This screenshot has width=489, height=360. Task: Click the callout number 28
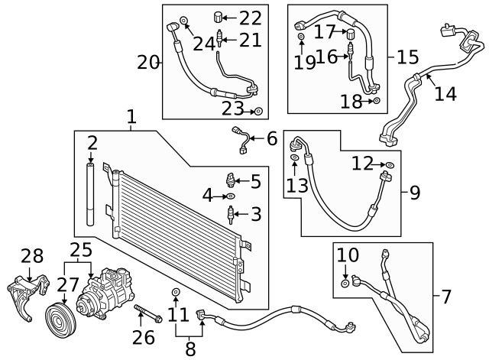click(x=32, y=256)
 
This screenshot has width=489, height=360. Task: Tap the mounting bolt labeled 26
click(x=148, y=314)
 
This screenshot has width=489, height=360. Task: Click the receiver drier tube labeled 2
click(x=90, y=193)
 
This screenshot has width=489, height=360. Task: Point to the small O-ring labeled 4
click(x=231, y=196)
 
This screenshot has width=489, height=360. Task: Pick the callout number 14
click(x=445, y=93)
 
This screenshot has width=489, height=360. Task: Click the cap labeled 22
click(x=218, y=16)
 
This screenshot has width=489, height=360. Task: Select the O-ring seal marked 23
click(x=258, y=112)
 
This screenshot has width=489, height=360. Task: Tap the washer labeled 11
click(x=176, y=292)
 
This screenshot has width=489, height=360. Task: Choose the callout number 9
click(x=414, y=193)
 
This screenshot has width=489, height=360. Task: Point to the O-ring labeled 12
click(x=390, y=164)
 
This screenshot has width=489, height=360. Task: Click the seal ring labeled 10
click(x=345, y=284)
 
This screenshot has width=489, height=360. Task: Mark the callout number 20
click(x=148, y=63)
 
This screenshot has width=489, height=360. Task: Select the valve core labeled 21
click(x=219, y=38)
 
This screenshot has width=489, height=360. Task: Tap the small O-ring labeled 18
click(x=377, y=101)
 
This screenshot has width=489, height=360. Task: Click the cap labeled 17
click(x=351, y=33)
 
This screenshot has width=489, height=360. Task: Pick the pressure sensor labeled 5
click(x=230, y=180)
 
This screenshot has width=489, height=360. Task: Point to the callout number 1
click(x=131, y=117)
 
